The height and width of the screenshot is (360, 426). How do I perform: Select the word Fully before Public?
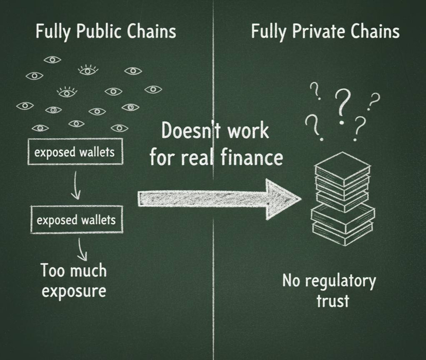[53, 31]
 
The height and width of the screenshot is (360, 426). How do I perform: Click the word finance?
[252, 156]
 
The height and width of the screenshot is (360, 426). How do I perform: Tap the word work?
[248, 131]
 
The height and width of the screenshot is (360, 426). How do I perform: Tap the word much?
[87, 270]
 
